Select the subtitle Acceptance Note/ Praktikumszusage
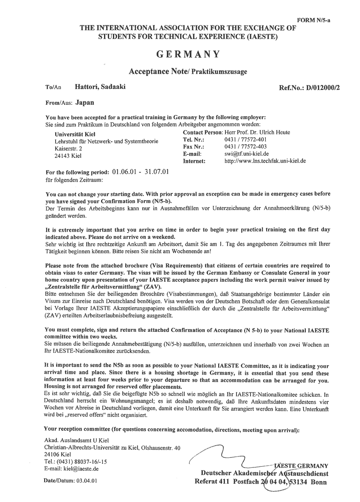coord(188,71)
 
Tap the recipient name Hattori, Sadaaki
coord(100,87)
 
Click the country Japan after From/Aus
coord(85,102)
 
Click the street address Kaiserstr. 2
coord(68,149)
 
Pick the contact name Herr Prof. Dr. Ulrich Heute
coord(257,132)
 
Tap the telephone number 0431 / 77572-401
coord(245,140)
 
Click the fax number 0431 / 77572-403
coord(245,147)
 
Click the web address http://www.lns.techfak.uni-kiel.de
coord(265,161)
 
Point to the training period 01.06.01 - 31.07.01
coord(141,172)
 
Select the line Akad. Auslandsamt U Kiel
coord(76,440)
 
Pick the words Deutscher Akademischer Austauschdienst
coord(264,474)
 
